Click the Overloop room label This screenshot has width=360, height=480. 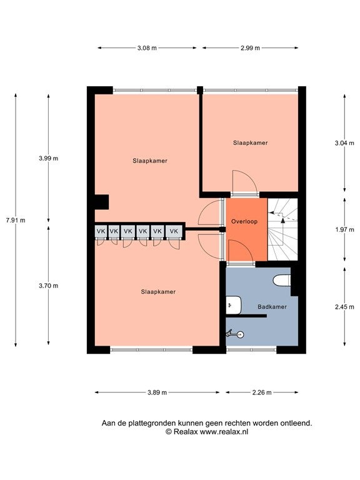click(x=244, y=221)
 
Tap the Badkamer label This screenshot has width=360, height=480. click(x=272, y=307)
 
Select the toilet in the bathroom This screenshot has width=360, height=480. click(x=282, y=281)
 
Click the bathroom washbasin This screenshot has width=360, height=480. click(x=234, y=305)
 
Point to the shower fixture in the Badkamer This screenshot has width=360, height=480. click(x=235, y=334)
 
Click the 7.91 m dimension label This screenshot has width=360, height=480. click(x=16, y=220)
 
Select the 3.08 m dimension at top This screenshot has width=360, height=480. click(x=147, y=47)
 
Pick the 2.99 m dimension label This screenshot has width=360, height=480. click(x=250, y=47)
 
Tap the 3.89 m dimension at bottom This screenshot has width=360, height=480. click(x=157, y=392)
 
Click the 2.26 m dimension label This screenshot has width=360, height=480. click(x=262, y=392)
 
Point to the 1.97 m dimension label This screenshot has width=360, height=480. click(x=344, y=229)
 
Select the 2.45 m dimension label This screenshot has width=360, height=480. click(x=344, y=307)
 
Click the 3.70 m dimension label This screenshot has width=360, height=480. click(x=48, y=286)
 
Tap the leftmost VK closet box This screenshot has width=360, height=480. click(x=101, y=231)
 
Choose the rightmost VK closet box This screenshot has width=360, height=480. click(x=174, y=231)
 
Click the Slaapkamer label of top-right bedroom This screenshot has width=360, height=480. click(x=251, y=142)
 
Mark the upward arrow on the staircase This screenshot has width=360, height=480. click(x=283, y=221)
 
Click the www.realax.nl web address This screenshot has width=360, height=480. click(x=224, y=432)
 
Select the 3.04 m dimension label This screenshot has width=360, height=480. click(x=344, y=143)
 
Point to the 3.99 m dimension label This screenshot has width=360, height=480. click(x=48, y=158)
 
